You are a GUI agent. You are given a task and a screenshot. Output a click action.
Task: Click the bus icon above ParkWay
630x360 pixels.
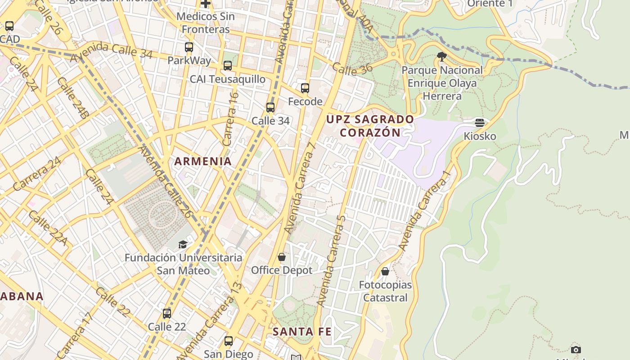coord(189,47)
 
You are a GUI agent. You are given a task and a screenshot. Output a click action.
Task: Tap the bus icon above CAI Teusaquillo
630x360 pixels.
coord(228,66)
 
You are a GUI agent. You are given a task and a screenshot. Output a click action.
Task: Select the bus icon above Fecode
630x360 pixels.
coord(305,88)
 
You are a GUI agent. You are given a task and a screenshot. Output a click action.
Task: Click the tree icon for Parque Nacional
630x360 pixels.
coord(442,57)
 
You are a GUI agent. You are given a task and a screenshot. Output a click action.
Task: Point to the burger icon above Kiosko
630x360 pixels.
coord(480,122)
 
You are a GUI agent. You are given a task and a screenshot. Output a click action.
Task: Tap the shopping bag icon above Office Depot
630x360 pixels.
coord(282,257)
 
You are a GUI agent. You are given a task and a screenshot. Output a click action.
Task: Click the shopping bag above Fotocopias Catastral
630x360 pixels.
coord(385,271)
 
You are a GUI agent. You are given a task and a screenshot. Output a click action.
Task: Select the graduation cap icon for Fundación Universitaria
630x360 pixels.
coord(183,244)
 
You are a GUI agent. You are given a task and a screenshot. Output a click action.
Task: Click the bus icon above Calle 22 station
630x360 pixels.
coord(167,313)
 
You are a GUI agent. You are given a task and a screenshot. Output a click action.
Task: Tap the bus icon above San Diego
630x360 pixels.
coord(229,341)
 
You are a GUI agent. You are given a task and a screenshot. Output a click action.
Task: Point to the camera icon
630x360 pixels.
coord(576,350)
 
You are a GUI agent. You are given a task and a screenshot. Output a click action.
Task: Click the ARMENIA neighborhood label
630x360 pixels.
coord(203,161)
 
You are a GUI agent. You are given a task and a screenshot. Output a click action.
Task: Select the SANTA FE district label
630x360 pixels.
coord(302,332)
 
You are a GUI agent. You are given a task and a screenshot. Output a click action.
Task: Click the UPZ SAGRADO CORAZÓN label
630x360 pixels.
coord(370,126)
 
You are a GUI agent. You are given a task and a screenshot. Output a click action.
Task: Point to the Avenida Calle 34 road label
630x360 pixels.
coord(111,51)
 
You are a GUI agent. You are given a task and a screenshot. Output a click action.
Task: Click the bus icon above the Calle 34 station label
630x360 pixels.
coord(270,108)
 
